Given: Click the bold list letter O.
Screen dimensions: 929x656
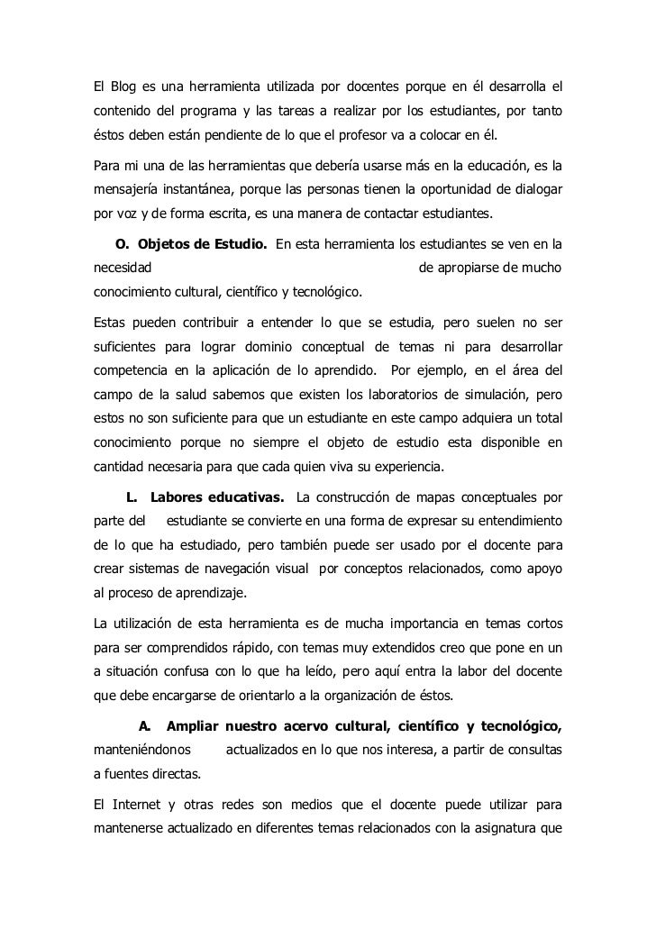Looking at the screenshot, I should [x=123, y=243].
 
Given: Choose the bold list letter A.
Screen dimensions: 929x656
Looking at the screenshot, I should [x=145, y=725].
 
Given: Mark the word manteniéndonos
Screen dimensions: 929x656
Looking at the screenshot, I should [x=142, y=751].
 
